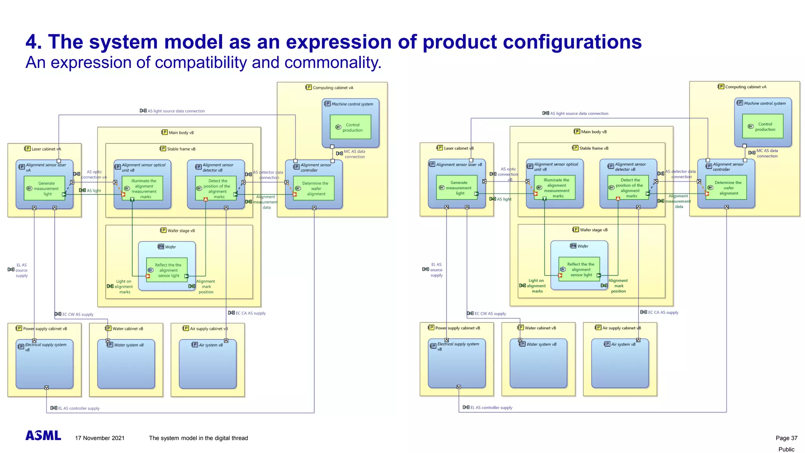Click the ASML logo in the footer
point(43,435)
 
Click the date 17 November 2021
point(100,438)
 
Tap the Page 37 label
point(786,438)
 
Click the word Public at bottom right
point(786,449)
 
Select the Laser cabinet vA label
point(46,149)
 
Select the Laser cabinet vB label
point(458,148)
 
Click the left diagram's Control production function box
point(351,127)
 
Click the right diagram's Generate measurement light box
point(457,188)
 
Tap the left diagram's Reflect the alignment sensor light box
point(167,270)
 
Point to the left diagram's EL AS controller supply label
point(79,408)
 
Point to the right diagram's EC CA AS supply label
point(663,312)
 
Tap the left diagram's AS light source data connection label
point(176,111)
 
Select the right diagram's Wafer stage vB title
point(593,230)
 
